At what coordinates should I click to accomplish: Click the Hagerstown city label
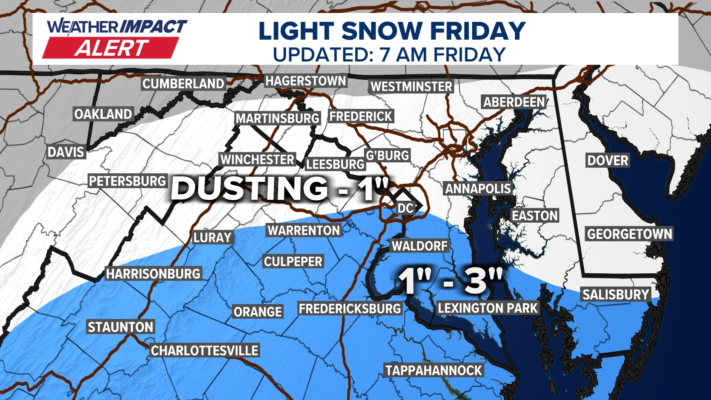click(x=306, y=81)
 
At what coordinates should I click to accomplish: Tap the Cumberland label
click(x=183, y=84)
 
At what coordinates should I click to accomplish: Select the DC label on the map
click(x=405, y=208)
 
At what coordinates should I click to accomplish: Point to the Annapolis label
click(x=478, y=189)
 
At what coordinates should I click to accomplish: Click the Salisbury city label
click(x=616, y=294)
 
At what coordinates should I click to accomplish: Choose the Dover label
click(x=608, y=160)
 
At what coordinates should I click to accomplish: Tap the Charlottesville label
click(x=204, y=350)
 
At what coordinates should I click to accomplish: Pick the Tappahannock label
click(x=434, y=370)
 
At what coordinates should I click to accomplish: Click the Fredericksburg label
click(x=350, y=309)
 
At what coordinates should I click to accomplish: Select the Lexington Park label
click(x=487, y=308)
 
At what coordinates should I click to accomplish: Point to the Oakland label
click(x=103, y=114)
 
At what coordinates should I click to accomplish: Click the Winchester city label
click(x=257, y=160)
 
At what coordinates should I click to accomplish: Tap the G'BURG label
click(x=387, y=155)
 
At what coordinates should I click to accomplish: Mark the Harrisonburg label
click(x=153, y=274)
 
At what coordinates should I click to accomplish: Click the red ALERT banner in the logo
click(x=111, y=48)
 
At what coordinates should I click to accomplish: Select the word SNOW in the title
click(x=382, y=31)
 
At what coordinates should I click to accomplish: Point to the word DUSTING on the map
click(x=249, y=188)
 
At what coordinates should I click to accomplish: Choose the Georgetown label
click(x=629, y=234)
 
